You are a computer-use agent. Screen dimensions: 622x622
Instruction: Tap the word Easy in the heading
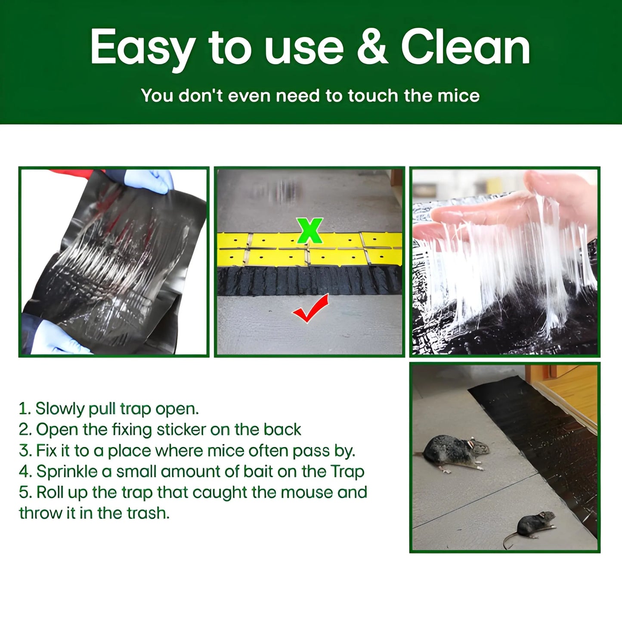(142, 50)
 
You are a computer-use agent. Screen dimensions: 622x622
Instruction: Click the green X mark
(310, 230)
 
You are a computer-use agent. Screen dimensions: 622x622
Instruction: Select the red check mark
(310, 308)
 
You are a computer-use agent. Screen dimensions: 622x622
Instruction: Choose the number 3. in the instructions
(25, 451)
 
